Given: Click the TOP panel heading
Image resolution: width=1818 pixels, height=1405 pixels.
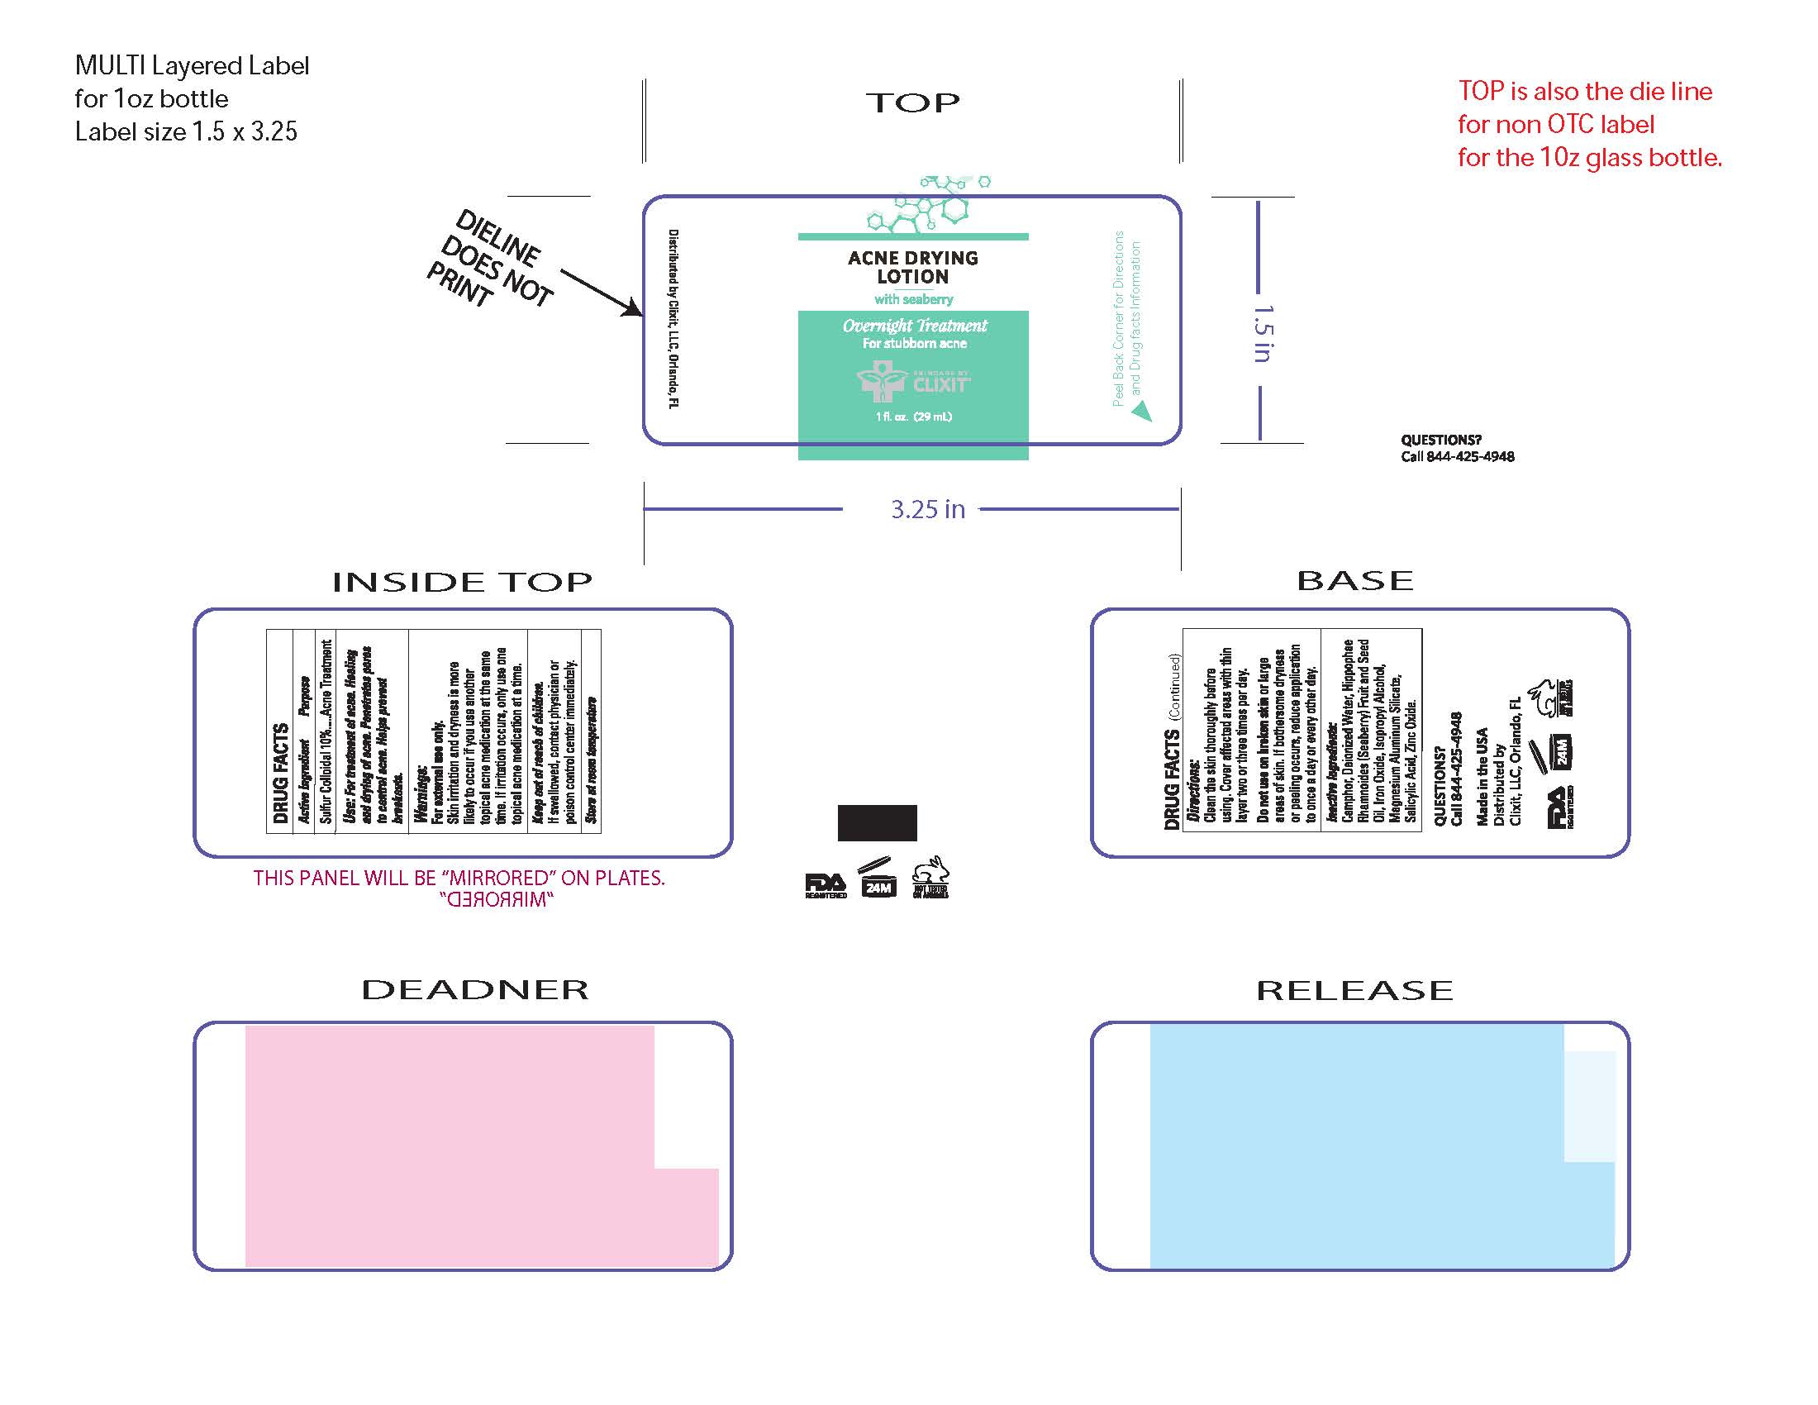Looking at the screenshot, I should point(912,103).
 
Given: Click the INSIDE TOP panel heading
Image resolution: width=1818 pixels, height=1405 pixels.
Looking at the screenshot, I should point(462,582).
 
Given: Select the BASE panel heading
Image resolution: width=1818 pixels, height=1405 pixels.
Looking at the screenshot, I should point(1355,580).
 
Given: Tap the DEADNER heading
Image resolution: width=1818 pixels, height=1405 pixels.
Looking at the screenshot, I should point(474,989).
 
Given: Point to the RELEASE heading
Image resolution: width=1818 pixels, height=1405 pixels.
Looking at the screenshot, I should point(1354,990).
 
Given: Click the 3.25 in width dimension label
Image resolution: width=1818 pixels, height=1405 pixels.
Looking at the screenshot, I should point(927,509).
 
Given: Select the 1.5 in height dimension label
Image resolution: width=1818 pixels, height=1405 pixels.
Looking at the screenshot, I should point(1262,333).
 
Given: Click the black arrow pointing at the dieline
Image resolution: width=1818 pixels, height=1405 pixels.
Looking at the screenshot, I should point(601,293).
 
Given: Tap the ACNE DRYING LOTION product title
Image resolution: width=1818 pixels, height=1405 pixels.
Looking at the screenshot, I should point(912,267).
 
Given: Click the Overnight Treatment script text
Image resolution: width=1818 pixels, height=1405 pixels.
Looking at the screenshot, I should point(914,326).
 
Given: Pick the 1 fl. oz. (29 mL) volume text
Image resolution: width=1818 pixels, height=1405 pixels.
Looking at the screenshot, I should point(913,417).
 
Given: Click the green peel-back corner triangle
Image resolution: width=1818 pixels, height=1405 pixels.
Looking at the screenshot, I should point(1142,412).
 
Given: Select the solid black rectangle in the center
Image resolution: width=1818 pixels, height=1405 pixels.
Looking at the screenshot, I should point(877,822).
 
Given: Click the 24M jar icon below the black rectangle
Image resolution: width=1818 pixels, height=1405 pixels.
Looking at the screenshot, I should point(878,879).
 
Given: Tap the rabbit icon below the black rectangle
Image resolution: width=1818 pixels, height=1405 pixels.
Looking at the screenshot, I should point(930,877).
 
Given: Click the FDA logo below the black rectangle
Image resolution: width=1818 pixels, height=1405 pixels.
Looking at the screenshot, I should point(825,884).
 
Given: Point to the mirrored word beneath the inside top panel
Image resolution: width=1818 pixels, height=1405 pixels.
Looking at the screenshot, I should point(496,900).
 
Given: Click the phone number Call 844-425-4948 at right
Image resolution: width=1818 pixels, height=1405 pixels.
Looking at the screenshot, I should point(1457,456).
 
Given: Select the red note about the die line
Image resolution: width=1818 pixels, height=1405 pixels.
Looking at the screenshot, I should point(1588,124).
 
